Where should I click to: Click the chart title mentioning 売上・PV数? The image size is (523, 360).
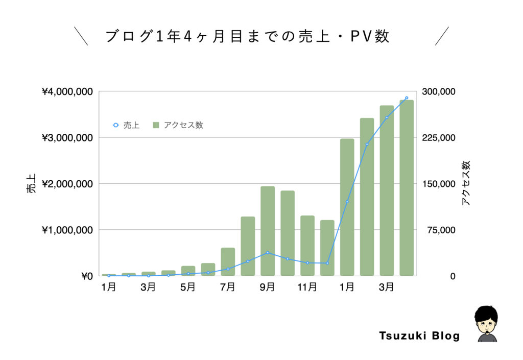point(248,37)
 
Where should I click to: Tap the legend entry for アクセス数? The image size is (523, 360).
point(178,125)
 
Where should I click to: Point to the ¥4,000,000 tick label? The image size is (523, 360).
point(67,92)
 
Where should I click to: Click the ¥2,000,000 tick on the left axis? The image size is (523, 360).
point(67,184)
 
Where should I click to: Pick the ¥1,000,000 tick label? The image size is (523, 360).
point(67,230)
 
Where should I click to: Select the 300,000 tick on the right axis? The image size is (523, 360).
point(439,92)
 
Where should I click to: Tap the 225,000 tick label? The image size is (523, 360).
point(439,138)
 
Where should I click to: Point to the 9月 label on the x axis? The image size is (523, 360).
point(267,287)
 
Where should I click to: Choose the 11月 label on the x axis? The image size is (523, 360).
point(307,287)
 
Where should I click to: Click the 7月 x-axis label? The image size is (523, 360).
point(227,287)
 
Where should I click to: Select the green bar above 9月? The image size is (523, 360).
point(268,231)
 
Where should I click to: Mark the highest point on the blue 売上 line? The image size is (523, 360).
point(407,98)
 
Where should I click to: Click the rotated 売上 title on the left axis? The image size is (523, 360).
point(32,184)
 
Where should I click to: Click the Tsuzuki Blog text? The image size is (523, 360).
point(419,336)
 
